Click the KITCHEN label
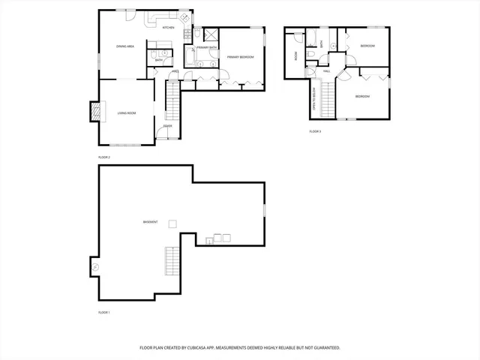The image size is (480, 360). click(169, 28)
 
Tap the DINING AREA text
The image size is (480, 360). click(125, 46)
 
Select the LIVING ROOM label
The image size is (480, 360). click(126, 113)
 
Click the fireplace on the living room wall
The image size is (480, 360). click(94, 112)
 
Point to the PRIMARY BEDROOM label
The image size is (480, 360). click(241, 57)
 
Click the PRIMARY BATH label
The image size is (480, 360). click(207, 48)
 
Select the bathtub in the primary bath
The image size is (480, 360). click(190, 55)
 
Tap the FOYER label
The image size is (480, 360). click(168, 126)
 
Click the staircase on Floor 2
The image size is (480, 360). click(172, 100)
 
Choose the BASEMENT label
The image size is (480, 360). click(151, 222)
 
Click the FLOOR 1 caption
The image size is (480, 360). click(104, 312)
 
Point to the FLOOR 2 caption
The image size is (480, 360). click(104, 157)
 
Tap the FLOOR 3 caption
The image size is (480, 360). click(315, 131)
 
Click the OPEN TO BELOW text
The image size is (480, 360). click(313, 98)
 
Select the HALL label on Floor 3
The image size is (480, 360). click(327, 70)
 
